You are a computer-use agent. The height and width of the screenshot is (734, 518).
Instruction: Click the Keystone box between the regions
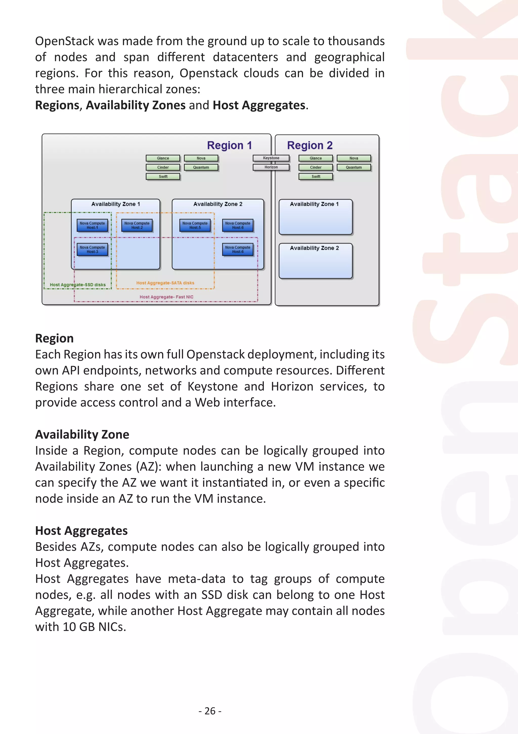[x=271, y=158]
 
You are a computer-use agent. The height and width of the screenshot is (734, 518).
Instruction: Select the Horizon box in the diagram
[x=271, y=167]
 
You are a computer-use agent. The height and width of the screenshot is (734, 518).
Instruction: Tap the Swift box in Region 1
[x=163, y=177]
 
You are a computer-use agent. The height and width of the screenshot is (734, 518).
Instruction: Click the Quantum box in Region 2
[x=354, y=167]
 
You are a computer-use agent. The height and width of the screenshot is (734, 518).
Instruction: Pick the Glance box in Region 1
[x=163, y=158]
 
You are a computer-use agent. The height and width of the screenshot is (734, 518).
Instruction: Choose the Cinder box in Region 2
[x=316, y=167]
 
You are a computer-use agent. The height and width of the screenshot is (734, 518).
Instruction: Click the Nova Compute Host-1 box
[x=92, y=225]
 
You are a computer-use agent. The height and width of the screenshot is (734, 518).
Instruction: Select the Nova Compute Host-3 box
[x=92, y=249]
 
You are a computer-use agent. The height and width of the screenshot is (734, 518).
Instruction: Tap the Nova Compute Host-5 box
[x=195, y=225]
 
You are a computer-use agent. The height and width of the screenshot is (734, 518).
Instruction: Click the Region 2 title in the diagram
[x=310, y=145]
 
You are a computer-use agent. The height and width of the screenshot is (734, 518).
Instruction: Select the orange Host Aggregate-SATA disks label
[x=165, y=283]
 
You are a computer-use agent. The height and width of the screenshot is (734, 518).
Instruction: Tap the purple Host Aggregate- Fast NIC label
[x=166, y=297]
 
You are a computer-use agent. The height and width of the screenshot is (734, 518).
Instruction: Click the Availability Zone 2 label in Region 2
[x=314, y=248]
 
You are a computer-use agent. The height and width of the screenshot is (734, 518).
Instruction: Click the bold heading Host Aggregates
[x=81, y=531]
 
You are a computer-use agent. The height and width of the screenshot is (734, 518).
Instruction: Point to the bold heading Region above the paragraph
[x=54, y=338]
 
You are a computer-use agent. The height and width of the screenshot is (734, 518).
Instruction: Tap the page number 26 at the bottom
[x=210, y=711]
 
